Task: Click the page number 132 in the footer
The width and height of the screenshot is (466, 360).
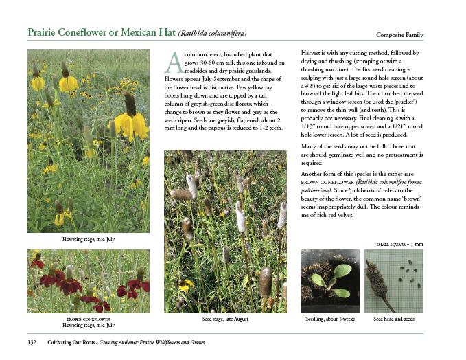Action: [32, 342]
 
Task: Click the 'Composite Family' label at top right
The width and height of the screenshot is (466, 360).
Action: [399, 35]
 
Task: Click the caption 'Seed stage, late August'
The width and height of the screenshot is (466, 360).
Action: [224, 319]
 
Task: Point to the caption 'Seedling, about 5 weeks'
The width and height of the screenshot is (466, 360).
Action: [330, 319]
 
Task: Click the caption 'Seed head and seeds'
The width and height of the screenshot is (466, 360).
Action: [393, 319]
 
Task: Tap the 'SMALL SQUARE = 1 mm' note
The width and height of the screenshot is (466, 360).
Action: [399, 245]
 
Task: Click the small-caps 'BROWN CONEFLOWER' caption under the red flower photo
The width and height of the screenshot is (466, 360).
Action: [88, 319]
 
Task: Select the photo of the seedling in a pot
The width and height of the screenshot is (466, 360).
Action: [329, 281]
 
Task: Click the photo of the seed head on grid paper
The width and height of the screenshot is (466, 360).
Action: [393, 281]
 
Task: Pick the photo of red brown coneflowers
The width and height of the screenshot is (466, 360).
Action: [88, 281]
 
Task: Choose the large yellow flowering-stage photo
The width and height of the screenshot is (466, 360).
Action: [88, 141]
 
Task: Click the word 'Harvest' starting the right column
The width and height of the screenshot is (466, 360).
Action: [313, 53]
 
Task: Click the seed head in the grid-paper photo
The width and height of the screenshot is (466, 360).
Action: [380, 278]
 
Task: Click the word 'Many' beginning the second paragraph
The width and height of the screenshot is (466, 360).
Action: [310, 147]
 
